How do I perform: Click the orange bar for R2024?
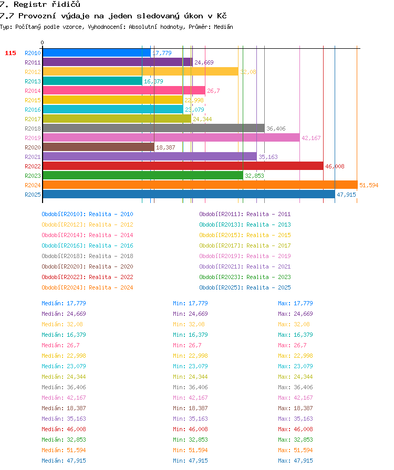click(x=200, y=185)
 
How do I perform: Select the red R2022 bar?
click(x=183, y=166)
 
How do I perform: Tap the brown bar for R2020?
click(x=99, y=147)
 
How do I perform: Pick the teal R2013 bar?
click(x=92, y=81)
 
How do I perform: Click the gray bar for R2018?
click(x=153, y=129)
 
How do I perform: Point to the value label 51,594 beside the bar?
click(x=369, y=185)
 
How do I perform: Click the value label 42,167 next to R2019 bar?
click(x=311, y=138)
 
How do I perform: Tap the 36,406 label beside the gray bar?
click(x=276, y=129)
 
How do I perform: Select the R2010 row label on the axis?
click(x=33, y=53)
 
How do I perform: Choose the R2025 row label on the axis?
click(x=33, y=195)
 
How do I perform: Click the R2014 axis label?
click(x=33, y=91)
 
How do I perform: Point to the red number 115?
click(x=10, y=53)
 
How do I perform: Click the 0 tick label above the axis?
click(x=43, y=42)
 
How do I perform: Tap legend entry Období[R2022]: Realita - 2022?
click(x=87, y=277)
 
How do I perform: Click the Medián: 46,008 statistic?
click(x=64, y=429)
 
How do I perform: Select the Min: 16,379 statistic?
click(x=190, y=335)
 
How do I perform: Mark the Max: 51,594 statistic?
click(x=295, y=450)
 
